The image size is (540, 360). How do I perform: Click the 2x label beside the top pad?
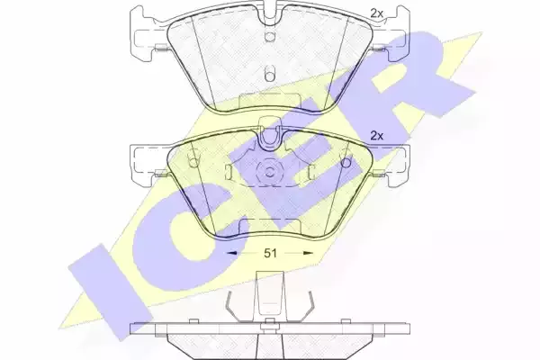point(377,13)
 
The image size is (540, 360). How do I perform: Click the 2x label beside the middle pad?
point(377,136)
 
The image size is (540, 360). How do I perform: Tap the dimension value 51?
point(270,253)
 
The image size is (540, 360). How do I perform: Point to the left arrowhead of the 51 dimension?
point(231,253)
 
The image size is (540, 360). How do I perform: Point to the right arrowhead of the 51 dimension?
point(308,253)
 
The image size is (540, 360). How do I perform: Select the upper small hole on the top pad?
point(270,36)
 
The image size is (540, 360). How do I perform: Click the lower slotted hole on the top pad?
point(270,74)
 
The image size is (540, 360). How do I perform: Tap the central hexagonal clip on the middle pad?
point(270,170)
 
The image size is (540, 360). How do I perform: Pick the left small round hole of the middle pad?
point(193,161)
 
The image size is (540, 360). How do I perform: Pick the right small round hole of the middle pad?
point(346,161)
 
